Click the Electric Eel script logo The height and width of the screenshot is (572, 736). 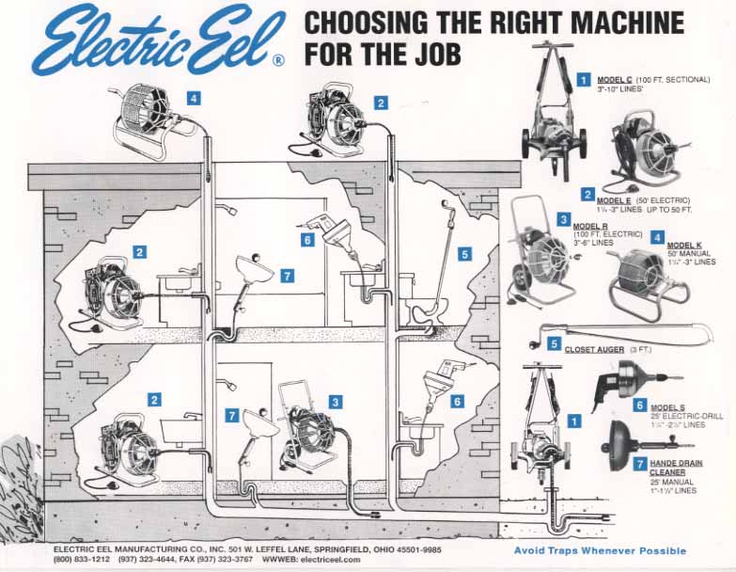click(x=155, y=40)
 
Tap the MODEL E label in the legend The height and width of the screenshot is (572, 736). click(x=617, y=200)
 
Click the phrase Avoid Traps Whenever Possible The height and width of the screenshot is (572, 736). click(x=600, y=550)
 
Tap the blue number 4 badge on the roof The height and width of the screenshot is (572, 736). click(x=193, y=97)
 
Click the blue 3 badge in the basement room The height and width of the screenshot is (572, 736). click(x=335, y=400)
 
